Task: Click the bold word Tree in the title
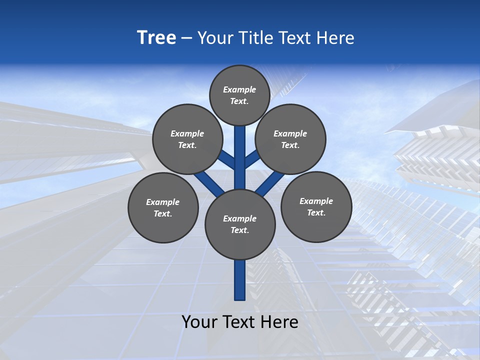click(x=156, y=38)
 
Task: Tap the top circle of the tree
click(x=239, y=95)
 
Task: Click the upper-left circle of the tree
click(x=187, y=139)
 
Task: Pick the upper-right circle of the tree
click(x=290, y=139)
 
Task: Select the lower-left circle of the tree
click(x=163, y=207)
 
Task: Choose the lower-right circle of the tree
click(x=316, y=206)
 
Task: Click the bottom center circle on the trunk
click(x=240, y=224)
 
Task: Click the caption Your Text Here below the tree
click(x=240, y=322)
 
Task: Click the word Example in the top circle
click(x=239, y=89)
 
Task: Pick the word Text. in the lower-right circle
click(x=316, y=212)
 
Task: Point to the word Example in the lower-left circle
click(x=163, y=202)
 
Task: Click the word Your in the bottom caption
click(x=199, y=322)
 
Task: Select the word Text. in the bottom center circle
click(x=239, y=230)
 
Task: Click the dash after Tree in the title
click(x=187, y=38)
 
